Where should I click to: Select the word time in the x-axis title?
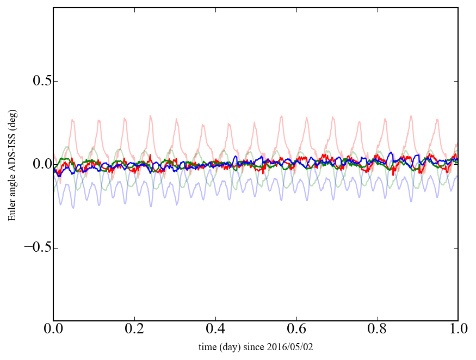coord(207,347)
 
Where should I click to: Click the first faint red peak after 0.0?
coord(72,120)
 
